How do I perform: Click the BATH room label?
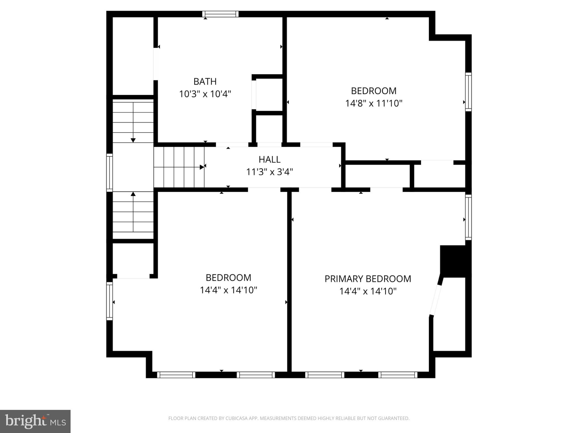205,81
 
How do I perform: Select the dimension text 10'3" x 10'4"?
205,94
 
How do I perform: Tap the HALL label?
270,160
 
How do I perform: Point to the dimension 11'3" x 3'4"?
270,172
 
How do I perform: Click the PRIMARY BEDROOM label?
368,279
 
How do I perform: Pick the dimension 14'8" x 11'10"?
374,103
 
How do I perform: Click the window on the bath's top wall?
220,14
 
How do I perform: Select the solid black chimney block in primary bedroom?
455,261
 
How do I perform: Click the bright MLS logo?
35,421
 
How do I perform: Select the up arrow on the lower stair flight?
133,212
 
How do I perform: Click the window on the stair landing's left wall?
110,173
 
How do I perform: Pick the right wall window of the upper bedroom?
468,92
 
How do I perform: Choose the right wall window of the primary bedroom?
468,217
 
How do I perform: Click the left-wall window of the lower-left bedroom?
110,301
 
